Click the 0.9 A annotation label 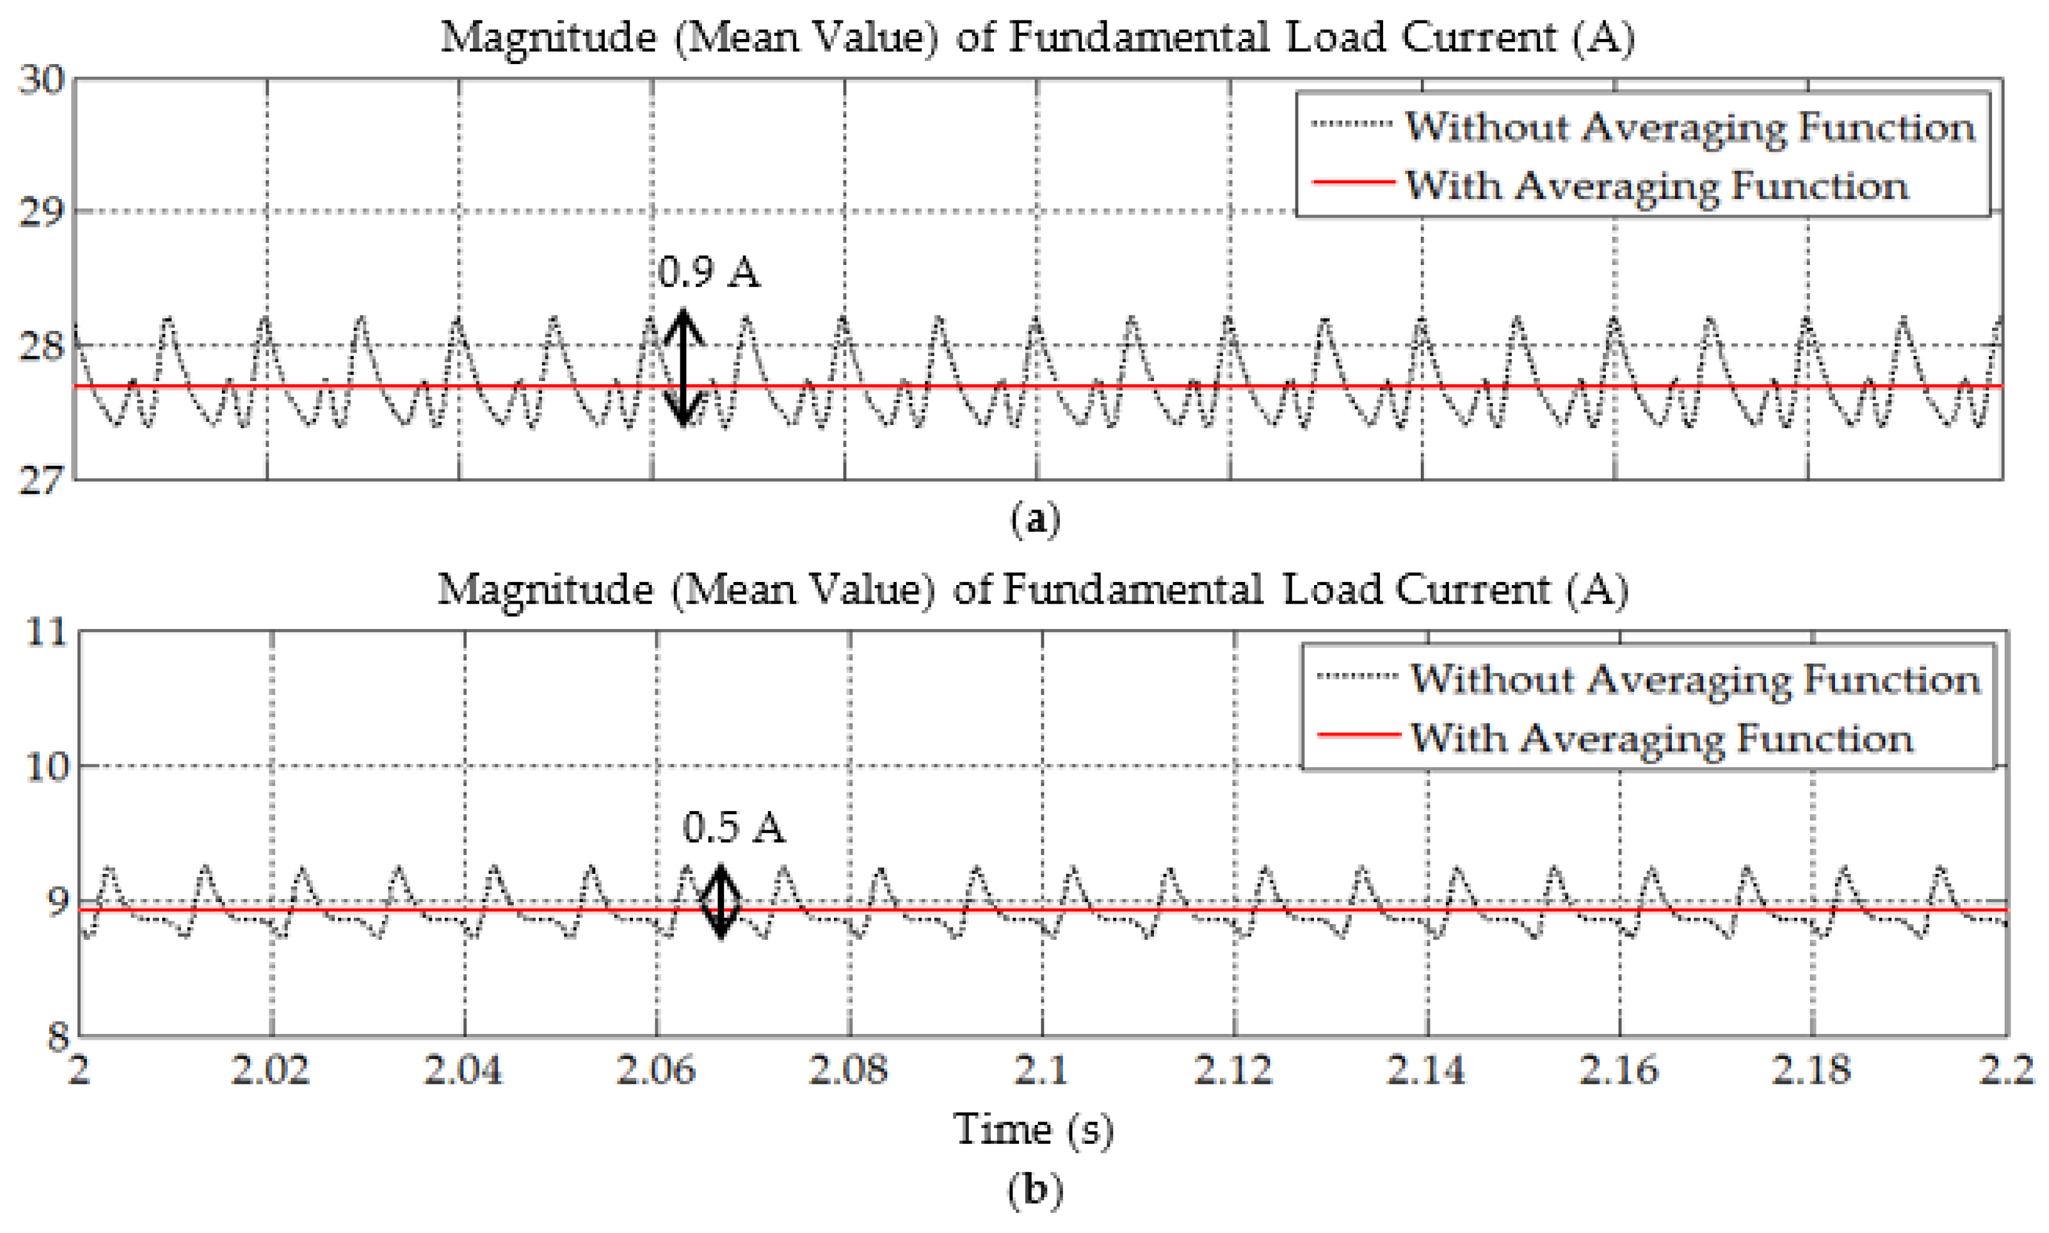pos(708,273)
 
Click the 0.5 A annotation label pos(733,828)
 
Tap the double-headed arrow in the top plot pos(683,367)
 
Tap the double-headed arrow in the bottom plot pos(721,902)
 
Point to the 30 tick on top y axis pos(41,80)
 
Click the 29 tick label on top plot pos(41,213)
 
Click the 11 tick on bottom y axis pos(46,633)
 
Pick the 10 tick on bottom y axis pos(46,766)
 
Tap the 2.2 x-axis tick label pos(2006,1069)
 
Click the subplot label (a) pos(1035,520)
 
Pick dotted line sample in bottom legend pos(1357,676)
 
